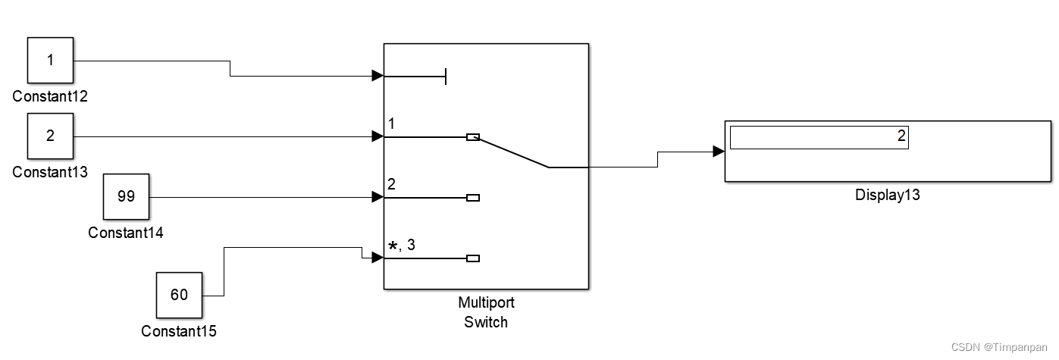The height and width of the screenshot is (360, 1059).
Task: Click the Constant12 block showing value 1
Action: tap(50, 60)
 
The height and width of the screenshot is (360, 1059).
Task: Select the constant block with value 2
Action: tap(50, 136)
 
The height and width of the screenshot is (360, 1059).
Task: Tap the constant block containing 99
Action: tap(126, 196)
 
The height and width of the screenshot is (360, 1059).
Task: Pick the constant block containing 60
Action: tap(179, 295)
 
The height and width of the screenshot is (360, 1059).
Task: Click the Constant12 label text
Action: tap(50, 96)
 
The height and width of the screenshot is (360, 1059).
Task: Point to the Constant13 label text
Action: tap(50, 172)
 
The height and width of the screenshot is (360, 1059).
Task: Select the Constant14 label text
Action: tap(126, 233)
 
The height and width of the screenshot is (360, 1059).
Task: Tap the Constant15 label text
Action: tap(179, 331)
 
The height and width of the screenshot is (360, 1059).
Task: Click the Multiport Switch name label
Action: tap(486, 312)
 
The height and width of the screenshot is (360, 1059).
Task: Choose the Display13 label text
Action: tap(887, 195)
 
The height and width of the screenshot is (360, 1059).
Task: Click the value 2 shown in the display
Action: tap(901, 136)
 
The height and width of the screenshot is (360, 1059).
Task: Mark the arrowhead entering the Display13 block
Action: tap(719, 152)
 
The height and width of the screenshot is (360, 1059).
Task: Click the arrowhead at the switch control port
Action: tap(378, 76)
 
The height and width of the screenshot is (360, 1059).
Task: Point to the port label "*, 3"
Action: tap(402, 245)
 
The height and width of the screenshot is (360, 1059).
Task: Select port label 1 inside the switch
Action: tap(391, 124)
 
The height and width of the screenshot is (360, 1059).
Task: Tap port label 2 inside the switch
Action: tap(392, 184)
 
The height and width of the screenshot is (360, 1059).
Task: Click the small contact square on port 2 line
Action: tap(473, 198)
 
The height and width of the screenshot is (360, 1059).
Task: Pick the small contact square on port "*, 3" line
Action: tap(473, 258)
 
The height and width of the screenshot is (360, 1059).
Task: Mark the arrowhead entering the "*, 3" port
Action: tap(378, 258)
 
